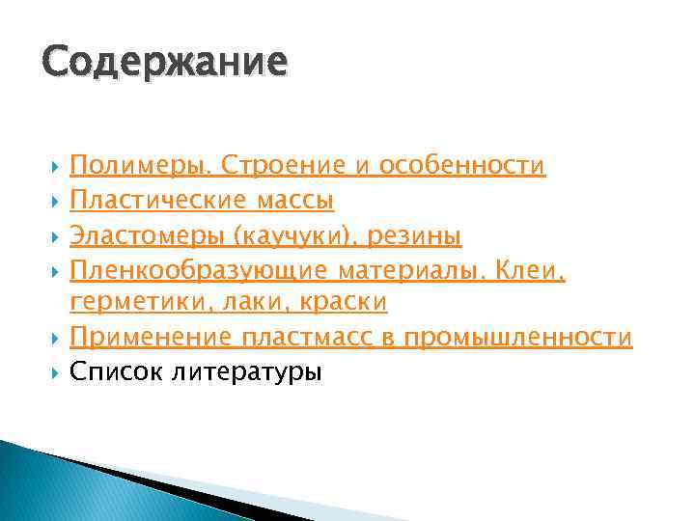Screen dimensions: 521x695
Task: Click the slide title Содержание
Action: [164, 61]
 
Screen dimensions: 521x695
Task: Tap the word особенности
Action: [462, 167]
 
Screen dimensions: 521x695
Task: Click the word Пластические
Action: [157, 201]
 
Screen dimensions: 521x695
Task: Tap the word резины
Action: [419, 235]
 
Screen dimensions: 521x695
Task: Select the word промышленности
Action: [518, 338]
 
